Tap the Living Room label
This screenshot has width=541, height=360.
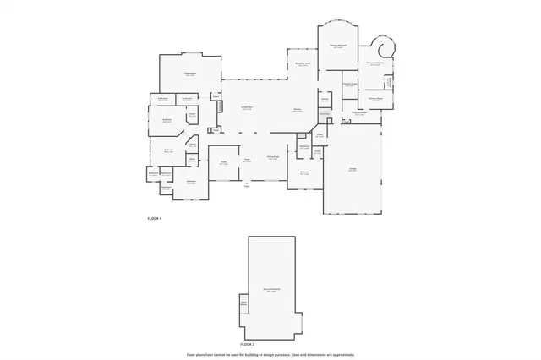tap(248, 108)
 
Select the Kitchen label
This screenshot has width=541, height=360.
tap(298, 110)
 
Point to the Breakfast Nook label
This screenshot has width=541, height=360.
tap(303, 63)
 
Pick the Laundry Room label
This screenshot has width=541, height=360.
tap(359, 112)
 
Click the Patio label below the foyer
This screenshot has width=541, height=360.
tap(248, 186)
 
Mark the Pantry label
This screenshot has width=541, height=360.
tap(324, 99)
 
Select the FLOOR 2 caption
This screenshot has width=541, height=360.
tap(247, 345)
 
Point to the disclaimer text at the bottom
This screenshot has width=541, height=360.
tap(270, 355)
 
